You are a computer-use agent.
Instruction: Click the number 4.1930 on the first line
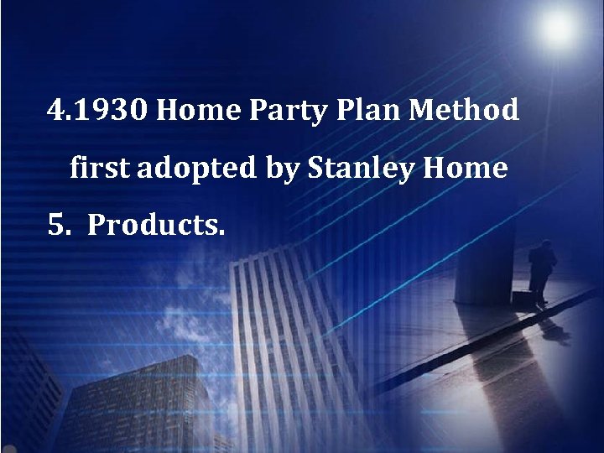pyautogui.click(x=98, y=110)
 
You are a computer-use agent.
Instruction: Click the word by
pyautogui.click(x=282, y=170)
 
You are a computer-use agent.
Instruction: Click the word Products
pyautogui.click(x=155, y=226)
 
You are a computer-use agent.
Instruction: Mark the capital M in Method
pyautogui.click(x=437, y=110)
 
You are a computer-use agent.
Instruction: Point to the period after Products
pyautogui.click(x=221, y=232)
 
